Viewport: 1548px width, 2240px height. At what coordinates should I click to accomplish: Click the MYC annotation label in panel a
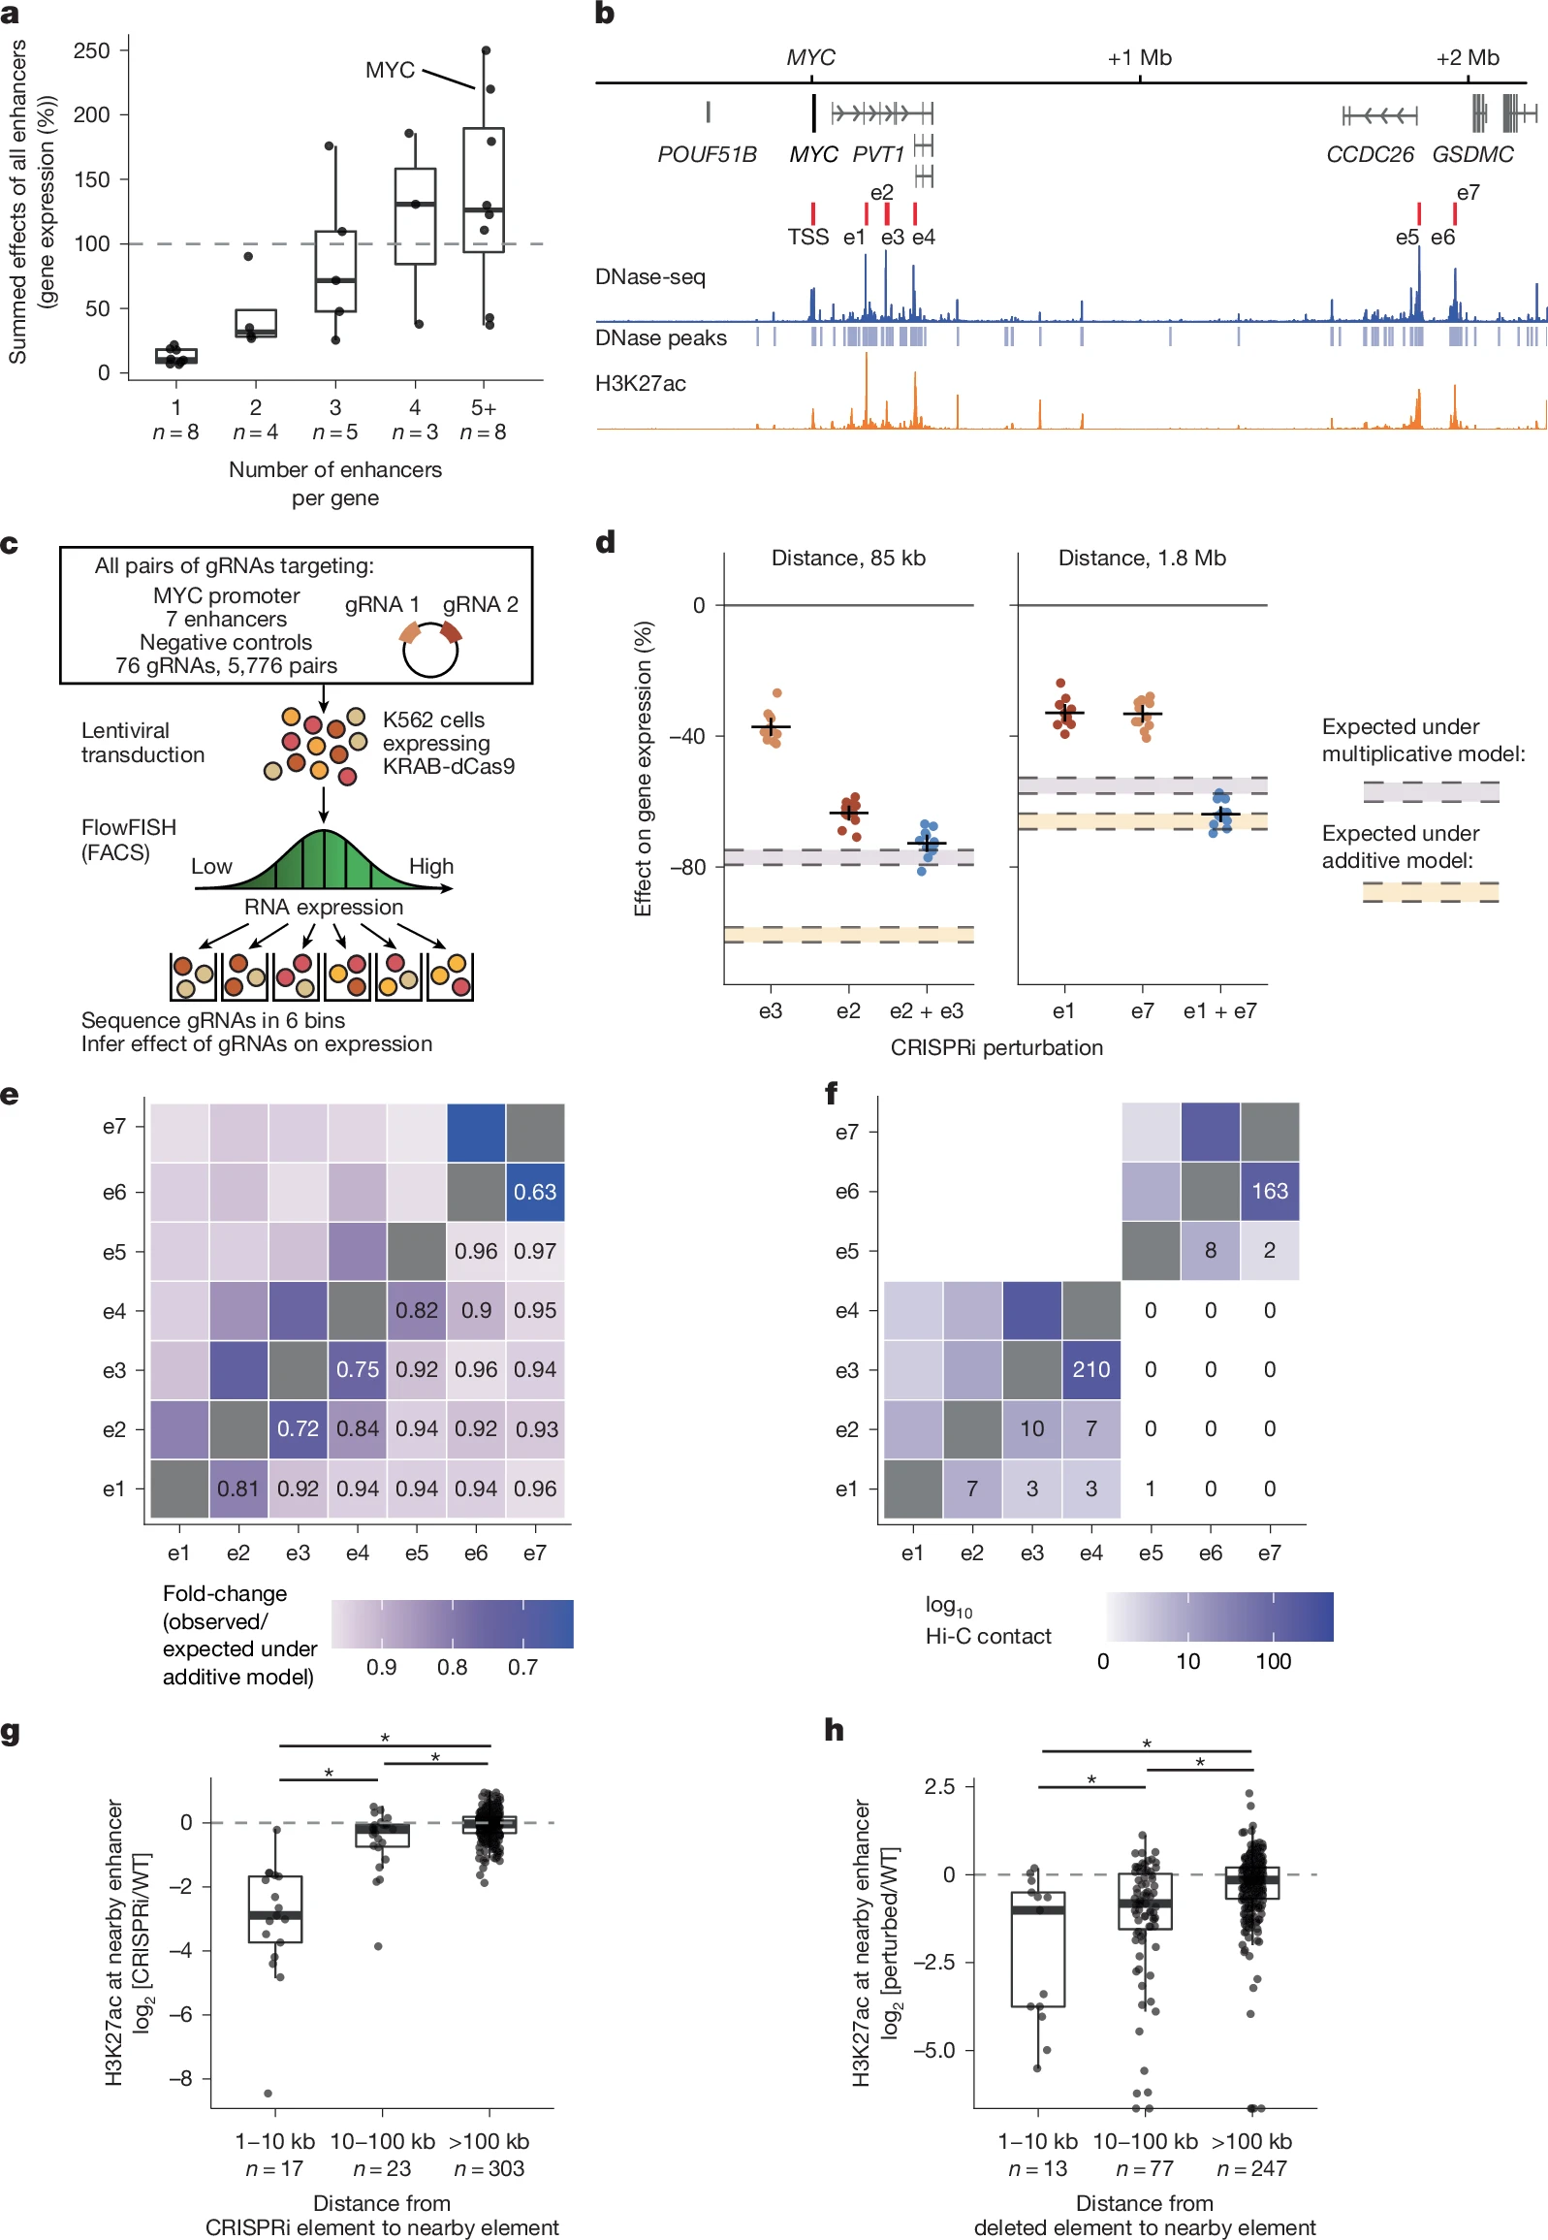[390, 70]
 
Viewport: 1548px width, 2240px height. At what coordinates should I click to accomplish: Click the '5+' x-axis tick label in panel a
[483, 407]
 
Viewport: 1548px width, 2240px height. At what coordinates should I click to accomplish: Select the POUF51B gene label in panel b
[707, 154]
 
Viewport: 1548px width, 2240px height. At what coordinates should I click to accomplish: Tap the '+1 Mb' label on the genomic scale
[1140, 57]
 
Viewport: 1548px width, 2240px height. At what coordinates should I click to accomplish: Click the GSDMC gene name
[1472, 154]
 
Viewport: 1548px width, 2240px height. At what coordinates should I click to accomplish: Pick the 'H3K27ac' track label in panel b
[640, 383]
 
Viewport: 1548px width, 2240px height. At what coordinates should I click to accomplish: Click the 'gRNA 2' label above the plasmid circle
[480, 604]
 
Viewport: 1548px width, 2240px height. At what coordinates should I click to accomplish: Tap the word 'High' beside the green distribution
[430, 866]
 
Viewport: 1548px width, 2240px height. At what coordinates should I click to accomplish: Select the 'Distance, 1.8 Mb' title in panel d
[1142, 558]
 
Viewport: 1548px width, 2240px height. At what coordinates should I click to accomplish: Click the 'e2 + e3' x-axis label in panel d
[927, 1010]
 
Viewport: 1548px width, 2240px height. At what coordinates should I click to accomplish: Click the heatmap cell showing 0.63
[535, 1192]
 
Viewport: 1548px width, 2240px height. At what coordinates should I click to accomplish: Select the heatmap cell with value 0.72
[298, 1429]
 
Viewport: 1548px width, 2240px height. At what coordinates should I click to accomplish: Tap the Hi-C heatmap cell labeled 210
[1091, 1369]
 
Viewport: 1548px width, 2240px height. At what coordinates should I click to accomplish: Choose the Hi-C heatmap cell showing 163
[1270, 1191]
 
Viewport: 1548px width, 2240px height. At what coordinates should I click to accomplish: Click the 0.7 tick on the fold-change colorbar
[521, 1667]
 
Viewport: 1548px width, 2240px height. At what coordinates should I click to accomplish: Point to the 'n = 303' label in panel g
[489, 2168]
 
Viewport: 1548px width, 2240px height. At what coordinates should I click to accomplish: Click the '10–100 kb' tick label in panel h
[1145, 2141]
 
